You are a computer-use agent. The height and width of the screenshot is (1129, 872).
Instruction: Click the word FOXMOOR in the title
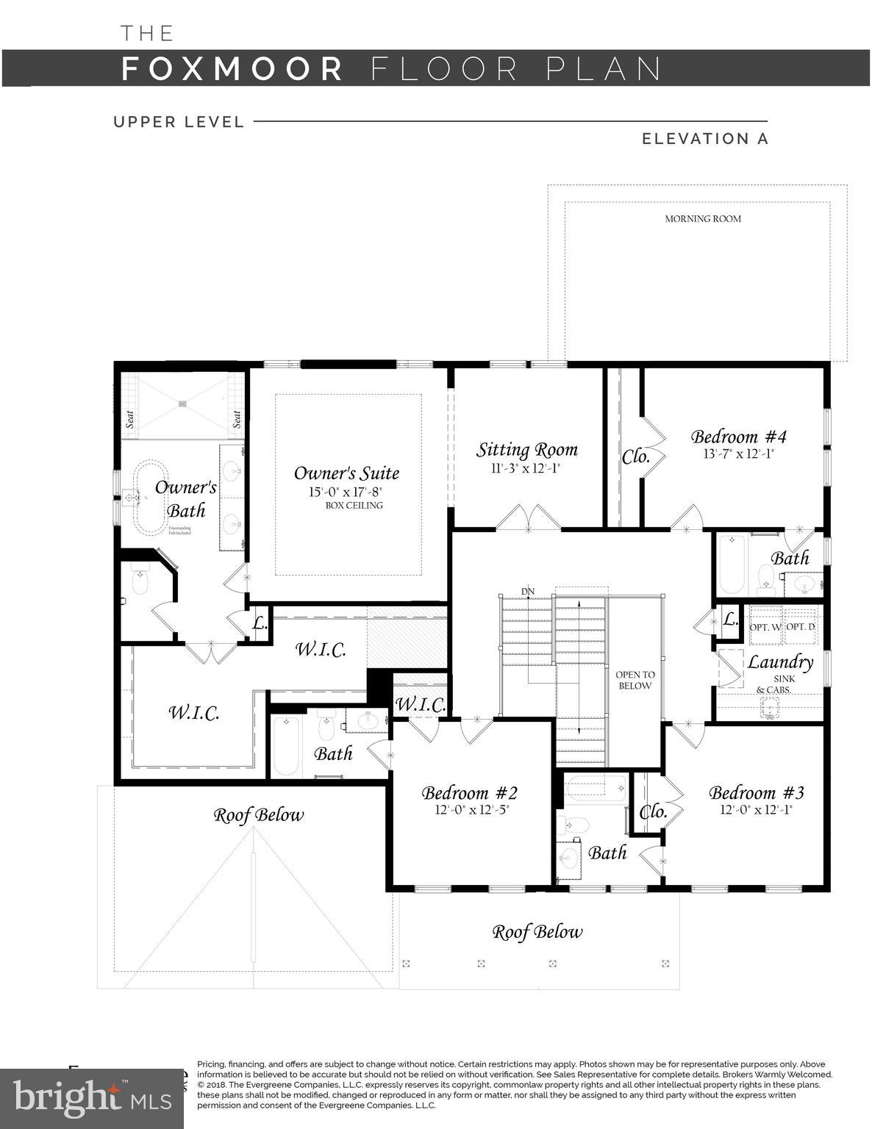pos(232,68)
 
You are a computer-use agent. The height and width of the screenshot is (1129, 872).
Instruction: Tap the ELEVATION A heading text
pos(704,139)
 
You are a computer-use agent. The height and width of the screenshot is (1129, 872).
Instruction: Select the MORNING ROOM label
pos(703,218)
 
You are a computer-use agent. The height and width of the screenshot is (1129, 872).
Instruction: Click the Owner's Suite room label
pos(346,473)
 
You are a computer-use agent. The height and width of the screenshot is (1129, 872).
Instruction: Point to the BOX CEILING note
pos(354,506)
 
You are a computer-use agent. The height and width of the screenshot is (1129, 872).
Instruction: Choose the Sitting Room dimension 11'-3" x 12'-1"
pos(526,468)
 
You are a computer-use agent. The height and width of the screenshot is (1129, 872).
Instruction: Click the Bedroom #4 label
pos(738,437)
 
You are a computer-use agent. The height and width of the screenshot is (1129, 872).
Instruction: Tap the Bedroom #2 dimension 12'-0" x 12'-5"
pos(471,810)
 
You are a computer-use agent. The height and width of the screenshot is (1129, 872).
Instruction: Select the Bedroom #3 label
pos(756,792)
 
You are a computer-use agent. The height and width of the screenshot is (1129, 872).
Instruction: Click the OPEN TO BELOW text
pos(635,680)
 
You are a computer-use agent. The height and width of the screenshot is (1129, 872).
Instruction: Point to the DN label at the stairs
pos(528,591)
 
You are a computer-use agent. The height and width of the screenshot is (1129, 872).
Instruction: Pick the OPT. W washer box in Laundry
pos(765,627)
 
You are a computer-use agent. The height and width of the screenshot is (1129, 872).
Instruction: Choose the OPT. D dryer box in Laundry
pos(800,627)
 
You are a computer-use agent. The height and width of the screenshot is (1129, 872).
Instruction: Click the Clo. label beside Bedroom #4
pos(636,456)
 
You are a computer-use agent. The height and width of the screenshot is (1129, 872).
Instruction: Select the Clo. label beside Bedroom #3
pos(653,812)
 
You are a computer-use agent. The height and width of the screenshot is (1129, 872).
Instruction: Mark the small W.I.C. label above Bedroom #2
pos(420,704)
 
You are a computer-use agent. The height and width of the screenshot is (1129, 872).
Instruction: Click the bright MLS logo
pos(91,1098)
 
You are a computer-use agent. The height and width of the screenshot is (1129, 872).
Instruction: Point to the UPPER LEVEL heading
pos(179,122)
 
